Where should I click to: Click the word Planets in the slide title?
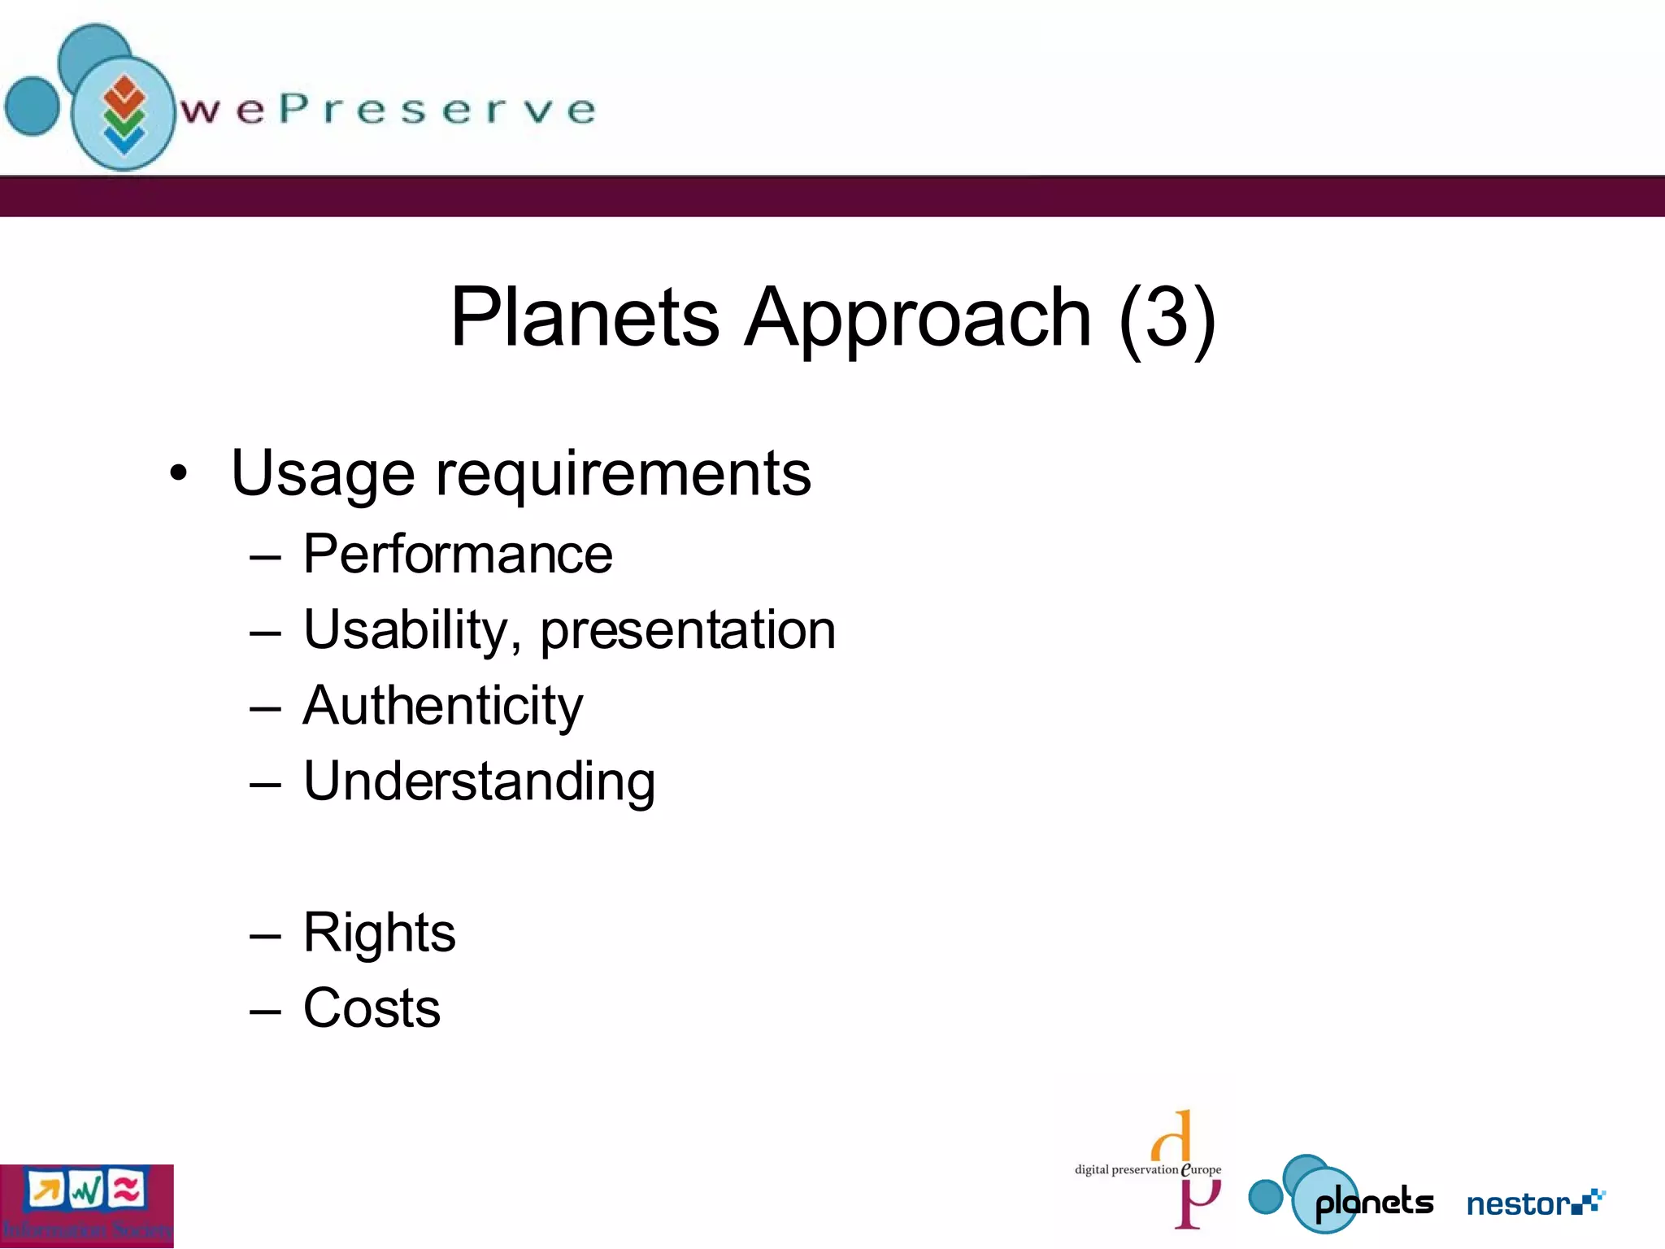(585, 318)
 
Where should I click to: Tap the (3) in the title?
(1167, 318)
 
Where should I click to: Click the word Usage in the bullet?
(323, 474)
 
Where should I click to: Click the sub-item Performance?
(458, 555)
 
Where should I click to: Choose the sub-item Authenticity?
(443, 706)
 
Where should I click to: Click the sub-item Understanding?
(479, 782)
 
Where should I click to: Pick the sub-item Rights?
(379, 933)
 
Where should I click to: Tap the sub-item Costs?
(372, 1008)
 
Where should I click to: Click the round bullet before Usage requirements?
(179, 473)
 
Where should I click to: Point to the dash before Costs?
(265, 1012)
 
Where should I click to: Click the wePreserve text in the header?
(389, 110)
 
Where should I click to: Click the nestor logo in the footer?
(1535, 1203)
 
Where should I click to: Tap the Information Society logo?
(86, 1205)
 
